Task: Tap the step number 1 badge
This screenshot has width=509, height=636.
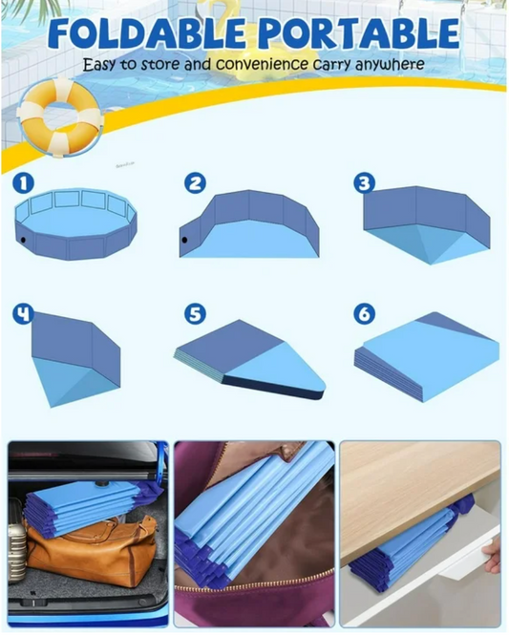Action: click(x=24, y=181)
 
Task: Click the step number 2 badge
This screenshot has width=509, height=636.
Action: click(x=196, y=182)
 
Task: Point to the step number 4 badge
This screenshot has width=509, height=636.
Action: click(x=24, y=313)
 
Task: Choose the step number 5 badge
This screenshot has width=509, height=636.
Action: click(x=196, y=313)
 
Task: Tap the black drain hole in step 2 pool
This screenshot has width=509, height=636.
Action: click(x=184, y=240)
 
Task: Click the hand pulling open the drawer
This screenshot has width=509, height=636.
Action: click(x=491, y=553)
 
